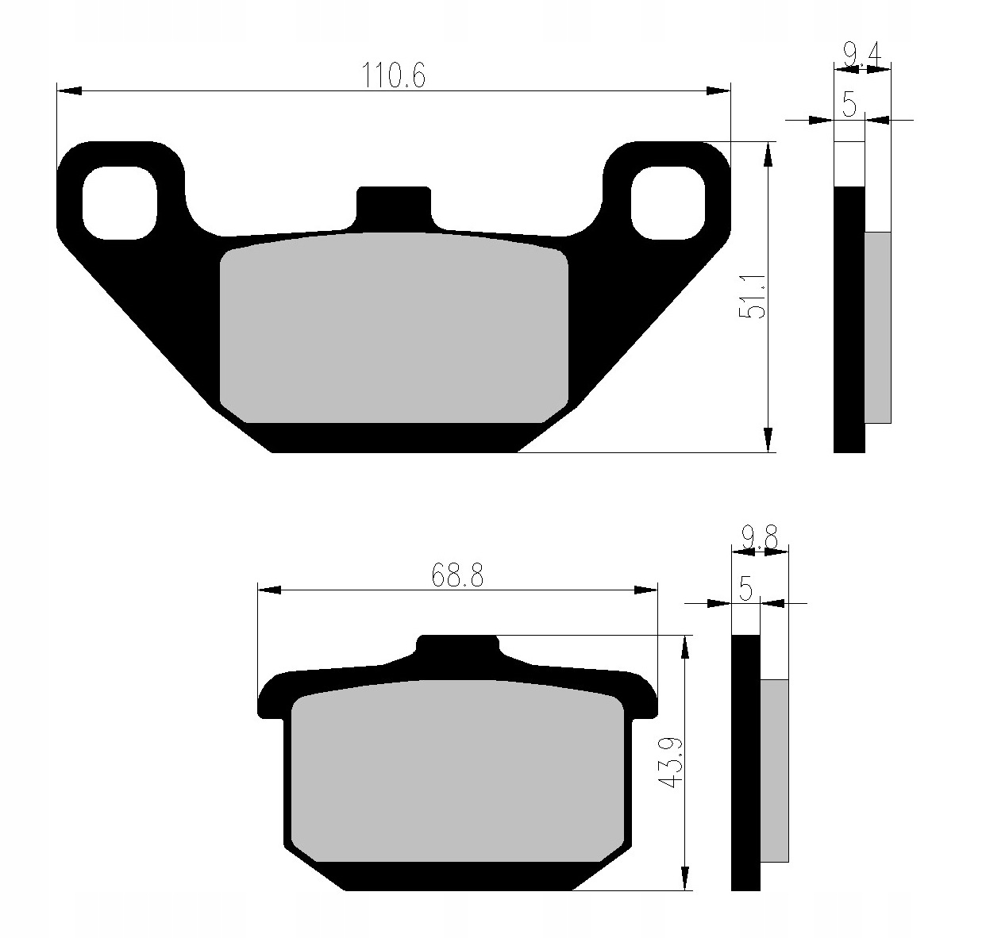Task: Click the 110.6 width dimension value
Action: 395,76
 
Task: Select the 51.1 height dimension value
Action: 753,297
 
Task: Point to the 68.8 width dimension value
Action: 458,575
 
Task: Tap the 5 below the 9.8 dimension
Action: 745,590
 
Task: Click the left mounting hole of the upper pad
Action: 120,202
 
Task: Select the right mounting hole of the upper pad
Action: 668,202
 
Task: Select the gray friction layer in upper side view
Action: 877,327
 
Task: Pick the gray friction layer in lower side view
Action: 774,770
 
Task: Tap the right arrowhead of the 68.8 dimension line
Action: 646,590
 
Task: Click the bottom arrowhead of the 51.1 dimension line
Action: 768,440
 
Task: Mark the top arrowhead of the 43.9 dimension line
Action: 684,647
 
